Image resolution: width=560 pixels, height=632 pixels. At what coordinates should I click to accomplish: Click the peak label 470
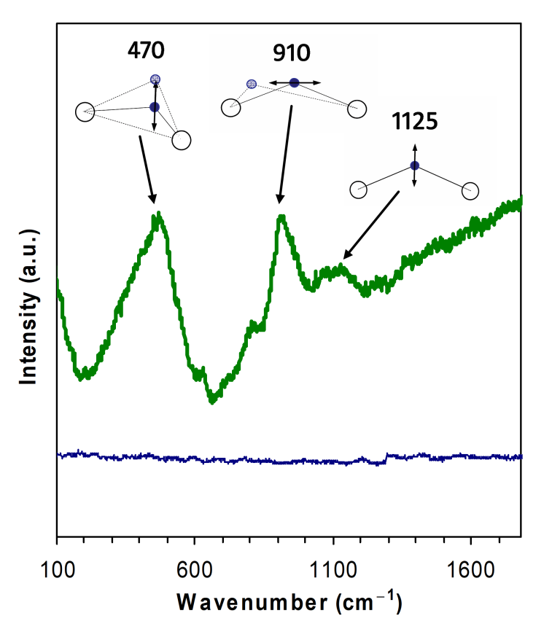(x=147, y=50)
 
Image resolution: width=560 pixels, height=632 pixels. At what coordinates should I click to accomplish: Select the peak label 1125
(x=414, y=121)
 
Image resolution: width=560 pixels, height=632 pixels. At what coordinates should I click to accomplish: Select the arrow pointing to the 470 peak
(x=146, y=168)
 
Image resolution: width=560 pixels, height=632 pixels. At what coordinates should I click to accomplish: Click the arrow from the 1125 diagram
(x=371, y=225)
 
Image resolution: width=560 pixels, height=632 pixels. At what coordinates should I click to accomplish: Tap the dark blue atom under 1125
(x=414, y=165)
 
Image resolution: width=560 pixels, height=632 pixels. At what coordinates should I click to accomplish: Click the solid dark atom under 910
(x=294, y=82)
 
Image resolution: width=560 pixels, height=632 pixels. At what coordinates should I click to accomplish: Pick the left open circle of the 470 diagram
(x=85, y=112)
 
